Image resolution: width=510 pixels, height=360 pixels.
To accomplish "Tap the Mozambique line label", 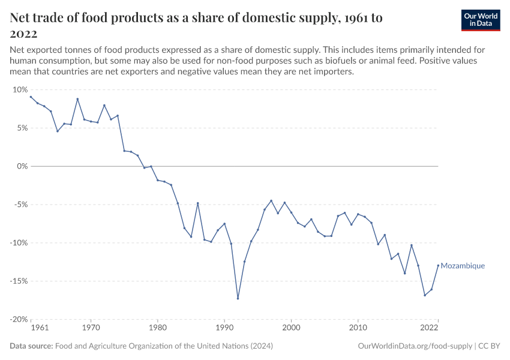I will (x=463, y=266).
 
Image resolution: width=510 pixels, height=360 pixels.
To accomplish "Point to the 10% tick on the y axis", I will (x=20, y=89).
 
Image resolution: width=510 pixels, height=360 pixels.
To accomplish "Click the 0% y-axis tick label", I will (x=22, y=166).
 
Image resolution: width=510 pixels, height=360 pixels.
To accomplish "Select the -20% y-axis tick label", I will (x=19, y=319).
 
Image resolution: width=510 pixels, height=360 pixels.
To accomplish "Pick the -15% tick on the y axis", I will (x=19, y=281).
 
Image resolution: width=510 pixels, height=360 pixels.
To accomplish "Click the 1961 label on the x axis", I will (x=39, y=328).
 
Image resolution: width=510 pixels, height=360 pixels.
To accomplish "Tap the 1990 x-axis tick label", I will (x=224, y=328).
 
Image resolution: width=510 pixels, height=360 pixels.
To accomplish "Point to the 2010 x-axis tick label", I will (x=358, y=328).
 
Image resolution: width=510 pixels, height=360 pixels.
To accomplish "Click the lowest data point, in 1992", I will (x=238, y=298).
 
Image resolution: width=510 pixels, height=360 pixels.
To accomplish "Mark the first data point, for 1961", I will (x=31, y=97).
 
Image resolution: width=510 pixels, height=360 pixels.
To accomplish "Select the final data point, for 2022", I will (x=438, y=265).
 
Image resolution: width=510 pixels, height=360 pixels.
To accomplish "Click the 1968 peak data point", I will (x=77, y=99).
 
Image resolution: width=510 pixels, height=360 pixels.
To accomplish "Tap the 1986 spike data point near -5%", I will (x=197, y=203).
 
